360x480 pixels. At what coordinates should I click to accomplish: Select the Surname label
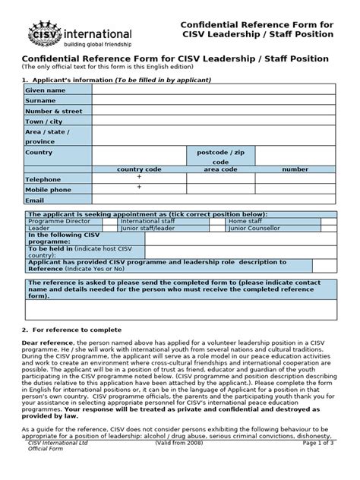click(40, 100)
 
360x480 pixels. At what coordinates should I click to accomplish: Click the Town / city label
click(43, 122)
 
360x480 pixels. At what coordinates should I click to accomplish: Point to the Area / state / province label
click(46, 137)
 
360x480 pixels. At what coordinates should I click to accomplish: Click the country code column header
click(139, 170)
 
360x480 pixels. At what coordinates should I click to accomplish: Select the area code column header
click(220, 170)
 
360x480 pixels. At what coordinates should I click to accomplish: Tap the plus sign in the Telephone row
click(139, 177)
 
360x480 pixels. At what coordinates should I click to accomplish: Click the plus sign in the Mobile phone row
click(139, 187)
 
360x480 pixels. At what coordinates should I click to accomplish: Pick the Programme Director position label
click(55, 221)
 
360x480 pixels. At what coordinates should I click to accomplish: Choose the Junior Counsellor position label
click(258, 227)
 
